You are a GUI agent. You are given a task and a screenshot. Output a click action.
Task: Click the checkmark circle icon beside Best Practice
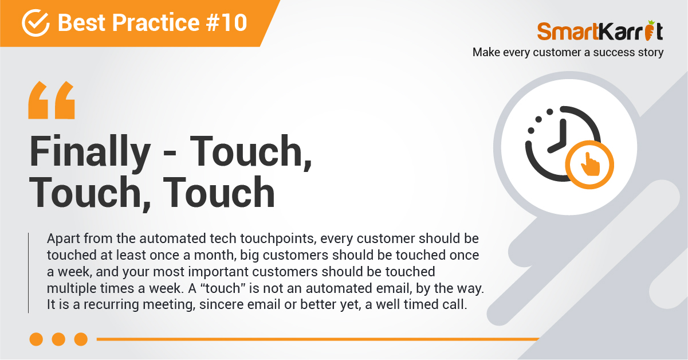[36, 23]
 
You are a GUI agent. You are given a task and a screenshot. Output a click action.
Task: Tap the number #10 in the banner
[227, 23]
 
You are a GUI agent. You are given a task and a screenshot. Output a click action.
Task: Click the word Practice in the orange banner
[156, 23]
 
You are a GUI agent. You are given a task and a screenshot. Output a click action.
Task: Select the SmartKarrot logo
[600, 31]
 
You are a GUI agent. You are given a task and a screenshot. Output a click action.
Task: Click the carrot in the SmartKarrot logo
[650, 31]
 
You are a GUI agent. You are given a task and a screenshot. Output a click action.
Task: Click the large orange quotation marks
[52, 100]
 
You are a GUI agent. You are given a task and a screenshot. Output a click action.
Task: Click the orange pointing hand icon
[589, 165]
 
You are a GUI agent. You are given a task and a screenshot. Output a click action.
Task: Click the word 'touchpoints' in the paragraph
[278, 239]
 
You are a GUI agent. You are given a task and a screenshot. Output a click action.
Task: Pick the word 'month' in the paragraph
[215, 255]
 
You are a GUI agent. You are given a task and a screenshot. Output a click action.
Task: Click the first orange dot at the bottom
[36, 339]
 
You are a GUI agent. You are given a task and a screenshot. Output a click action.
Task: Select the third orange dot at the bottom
[81, 339]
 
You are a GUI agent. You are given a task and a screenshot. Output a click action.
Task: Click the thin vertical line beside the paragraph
[29, 273]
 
